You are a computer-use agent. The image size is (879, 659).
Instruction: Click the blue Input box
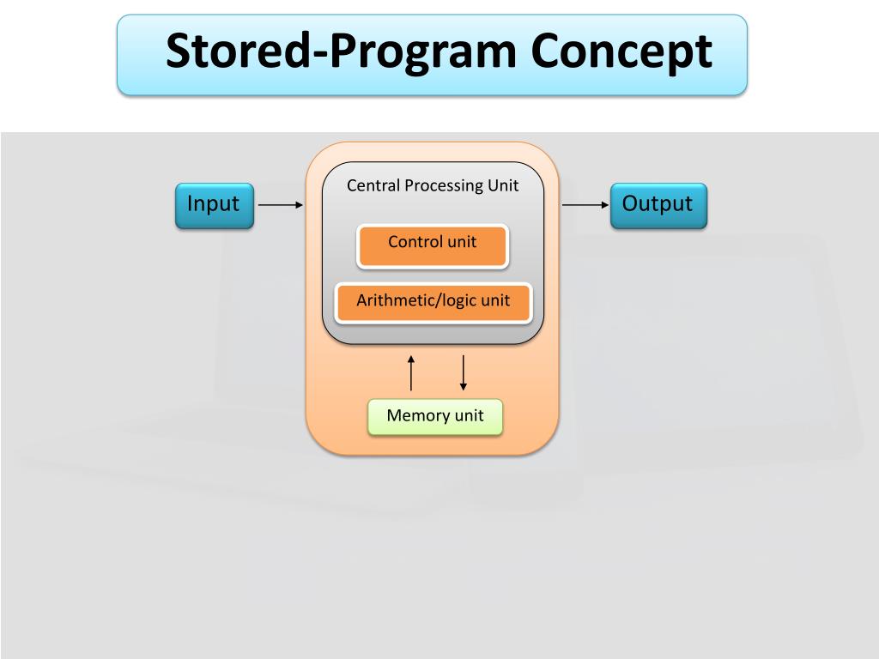(x=214, y=206)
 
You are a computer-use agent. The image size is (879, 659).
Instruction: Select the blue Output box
(x=658, y=206)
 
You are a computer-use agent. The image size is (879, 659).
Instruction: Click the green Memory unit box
(x=435, y=417)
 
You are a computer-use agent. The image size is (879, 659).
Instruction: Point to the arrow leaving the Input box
(x=281, y=205)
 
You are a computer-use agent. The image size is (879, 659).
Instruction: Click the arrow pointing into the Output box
(x=585, y=205)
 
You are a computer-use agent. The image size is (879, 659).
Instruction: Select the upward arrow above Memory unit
(x=411, y=373)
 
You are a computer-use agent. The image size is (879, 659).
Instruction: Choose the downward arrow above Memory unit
(x=464, y=373)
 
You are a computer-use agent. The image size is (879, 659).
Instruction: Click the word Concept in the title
(x=621, y=51)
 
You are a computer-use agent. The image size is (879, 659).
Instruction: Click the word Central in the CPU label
(x=373, y=185)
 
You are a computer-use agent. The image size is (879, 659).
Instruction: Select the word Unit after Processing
(x=503, y=185)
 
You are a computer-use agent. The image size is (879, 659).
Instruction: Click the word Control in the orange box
(x=415, y=242)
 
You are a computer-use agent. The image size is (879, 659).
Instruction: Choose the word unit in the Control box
(x=461, y=242)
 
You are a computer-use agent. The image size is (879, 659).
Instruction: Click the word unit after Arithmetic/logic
(x=494, y=300)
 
